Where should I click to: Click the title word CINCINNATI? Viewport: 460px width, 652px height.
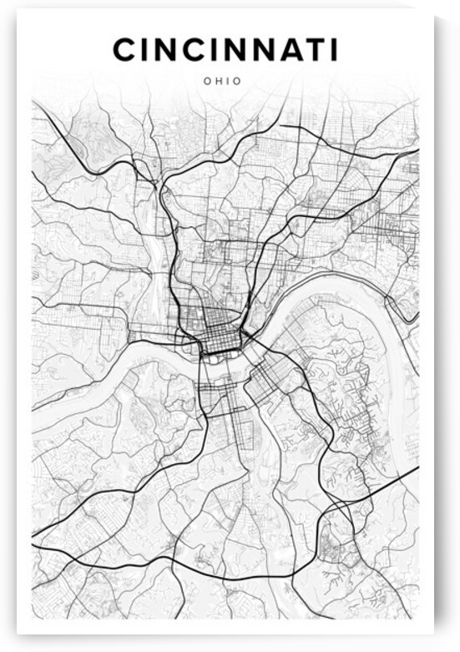(x=225, y=50)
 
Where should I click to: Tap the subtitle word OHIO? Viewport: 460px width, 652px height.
(x=221, y=81)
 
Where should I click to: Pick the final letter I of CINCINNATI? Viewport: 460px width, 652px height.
(x=333, y=50)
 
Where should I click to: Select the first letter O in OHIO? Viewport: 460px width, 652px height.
(x=205, y=81)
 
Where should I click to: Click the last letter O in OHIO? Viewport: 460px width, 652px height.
(x=237, y=81)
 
